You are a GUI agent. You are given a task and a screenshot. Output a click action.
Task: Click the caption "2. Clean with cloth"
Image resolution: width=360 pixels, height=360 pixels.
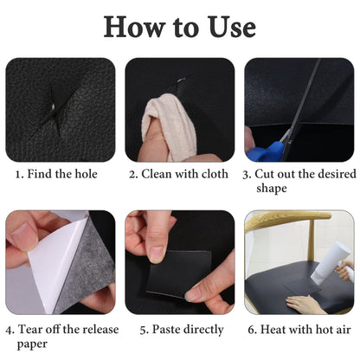coord(179,174)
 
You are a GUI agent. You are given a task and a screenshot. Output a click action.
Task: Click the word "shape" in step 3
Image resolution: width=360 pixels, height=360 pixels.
coord(299,188)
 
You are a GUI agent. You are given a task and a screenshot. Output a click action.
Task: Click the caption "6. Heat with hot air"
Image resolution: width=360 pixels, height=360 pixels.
coord(299,329)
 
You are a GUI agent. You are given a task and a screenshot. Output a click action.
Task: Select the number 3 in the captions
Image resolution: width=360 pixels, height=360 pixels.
coord(247,174)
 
